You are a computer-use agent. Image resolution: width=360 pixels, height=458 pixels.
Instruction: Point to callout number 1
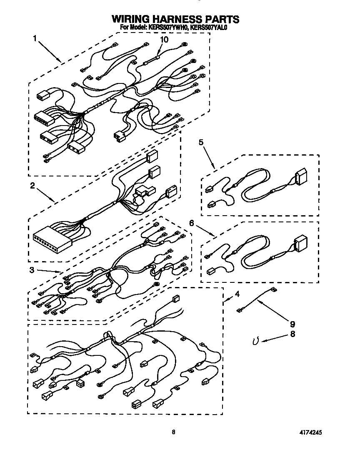tap(35, 38)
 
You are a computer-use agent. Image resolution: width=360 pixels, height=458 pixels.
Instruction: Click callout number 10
tap(164, 40)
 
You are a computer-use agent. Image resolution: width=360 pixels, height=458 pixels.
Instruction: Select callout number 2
tap(32, 186)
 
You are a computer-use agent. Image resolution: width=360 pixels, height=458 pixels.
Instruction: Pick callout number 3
tap(32, 270)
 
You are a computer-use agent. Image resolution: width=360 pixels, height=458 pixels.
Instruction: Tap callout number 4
tap(237, 294)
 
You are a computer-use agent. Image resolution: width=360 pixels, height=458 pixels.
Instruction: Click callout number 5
tap(201, 143)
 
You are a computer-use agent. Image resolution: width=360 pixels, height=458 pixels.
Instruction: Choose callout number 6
tap(192, 224)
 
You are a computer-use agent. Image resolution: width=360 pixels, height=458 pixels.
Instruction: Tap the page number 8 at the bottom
tap(173, 433)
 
